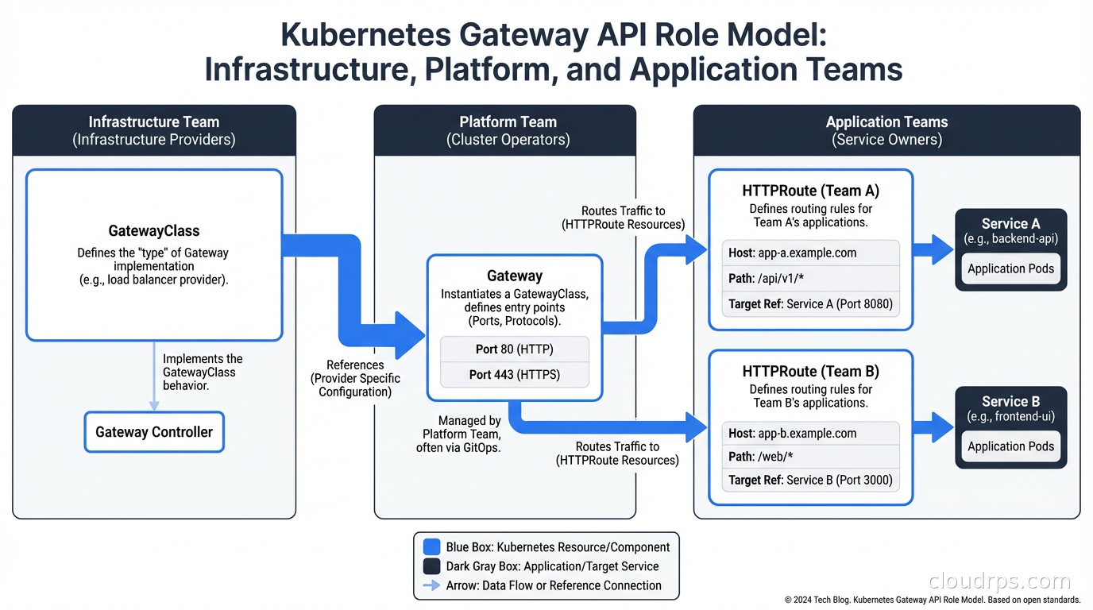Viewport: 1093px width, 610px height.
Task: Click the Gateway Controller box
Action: click(x=154, y=432)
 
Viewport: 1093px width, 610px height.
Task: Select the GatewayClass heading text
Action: click(x=154, y=231)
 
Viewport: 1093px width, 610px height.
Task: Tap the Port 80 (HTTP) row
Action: click(x=515, y=349)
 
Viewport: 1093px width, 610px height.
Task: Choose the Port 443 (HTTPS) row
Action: click(x=515, y=374)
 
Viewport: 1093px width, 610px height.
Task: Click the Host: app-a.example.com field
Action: click(x=810, y=253)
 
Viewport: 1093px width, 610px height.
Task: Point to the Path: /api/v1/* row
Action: click(x=810, y=278)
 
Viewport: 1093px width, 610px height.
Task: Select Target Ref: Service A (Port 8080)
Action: click(x=810, y=303)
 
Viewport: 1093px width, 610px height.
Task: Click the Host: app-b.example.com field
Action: click(x=810, y=433)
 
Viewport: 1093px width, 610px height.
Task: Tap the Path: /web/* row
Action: click(x=810, y=457)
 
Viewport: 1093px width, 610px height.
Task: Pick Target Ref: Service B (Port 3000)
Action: click(x=810, y=480)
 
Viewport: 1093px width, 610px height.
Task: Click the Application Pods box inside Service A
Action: click(x=1010, y=268)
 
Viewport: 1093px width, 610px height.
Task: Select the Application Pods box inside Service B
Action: click(x=1010, y=446)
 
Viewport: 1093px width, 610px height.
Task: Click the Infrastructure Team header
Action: click(x=154, y=130)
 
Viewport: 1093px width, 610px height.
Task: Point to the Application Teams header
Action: click(x=886, y=130)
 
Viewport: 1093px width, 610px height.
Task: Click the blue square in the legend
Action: click(x=431, y=546)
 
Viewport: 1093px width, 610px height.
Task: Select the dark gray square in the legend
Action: click(x=431, y=566)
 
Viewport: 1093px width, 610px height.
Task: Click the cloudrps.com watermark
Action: click(x=998, y=581)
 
